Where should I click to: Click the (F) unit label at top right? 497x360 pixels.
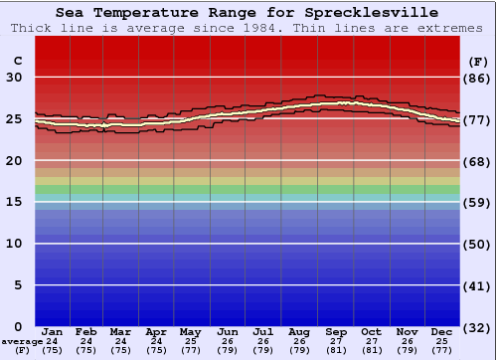coord(477,61)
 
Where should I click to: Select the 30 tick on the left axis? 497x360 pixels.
coord(15,78)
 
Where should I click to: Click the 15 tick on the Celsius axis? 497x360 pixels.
coord(15,202)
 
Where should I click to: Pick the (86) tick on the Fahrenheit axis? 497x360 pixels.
coord(478,78)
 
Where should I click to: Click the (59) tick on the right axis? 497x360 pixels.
coord(478,202)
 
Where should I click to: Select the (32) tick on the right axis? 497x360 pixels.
coord(478,327)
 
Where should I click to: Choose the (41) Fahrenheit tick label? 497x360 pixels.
coord(478,285)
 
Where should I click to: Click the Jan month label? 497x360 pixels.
coord(53,331)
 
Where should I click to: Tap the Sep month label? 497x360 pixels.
coord(336,331)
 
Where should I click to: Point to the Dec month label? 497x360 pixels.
coord(442,331)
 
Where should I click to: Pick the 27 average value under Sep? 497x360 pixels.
coord(336,340)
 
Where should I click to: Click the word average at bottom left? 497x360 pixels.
coord(21,341)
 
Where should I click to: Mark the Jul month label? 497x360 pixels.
coord(264,331)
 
